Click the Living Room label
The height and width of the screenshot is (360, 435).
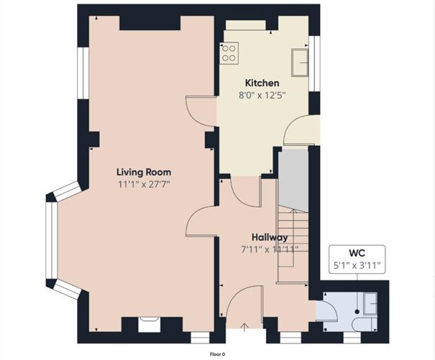click(144, 172)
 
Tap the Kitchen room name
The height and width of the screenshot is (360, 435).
click(262, 83)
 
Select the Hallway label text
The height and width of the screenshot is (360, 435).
click(270, 237)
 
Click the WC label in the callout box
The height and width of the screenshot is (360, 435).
click(357, 253)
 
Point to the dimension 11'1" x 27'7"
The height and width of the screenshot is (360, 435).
click(144, 184)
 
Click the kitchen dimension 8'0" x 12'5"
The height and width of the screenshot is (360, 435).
click(262, 96)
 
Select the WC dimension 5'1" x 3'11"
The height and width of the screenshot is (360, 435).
click(357, 266)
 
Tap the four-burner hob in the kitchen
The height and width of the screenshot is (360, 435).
click(229, 53)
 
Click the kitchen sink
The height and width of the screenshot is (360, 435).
click(300, 63)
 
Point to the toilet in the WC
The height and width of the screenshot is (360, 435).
click(365, 323)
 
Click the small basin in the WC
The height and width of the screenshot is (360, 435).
click(370, 304)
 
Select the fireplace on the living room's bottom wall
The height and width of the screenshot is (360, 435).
click(150, 325)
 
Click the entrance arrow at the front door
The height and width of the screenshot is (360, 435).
click(244, 327)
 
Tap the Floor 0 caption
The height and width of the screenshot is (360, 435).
click(217, 354)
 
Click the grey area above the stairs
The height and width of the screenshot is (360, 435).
click(293, 181)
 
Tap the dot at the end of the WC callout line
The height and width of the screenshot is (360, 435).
click(357, 312)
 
